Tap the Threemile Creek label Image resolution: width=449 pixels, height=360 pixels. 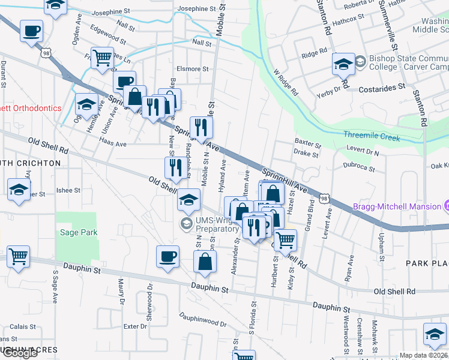[x=372, y=137]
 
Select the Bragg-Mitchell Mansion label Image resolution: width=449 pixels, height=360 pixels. [x=405, y=206]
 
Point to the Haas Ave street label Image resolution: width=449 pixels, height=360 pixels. [x=113, y=144]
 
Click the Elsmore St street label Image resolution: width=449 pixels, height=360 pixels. [x=192, y=68]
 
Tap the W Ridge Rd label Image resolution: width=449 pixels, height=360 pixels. [x=285, y=82]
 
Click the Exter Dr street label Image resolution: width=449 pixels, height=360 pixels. [x=134, y=326]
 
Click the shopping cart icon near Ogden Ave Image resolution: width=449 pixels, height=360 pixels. [x=103, y=58]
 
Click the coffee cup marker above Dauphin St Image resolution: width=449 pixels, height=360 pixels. [x=167, y=256]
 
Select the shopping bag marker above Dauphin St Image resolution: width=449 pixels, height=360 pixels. [x=205, y=261]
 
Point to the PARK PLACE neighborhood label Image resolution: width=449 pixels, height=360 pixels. [x=427, y=263]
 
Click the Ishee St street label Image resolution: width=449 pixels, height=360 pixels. [x=68, y=190]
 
